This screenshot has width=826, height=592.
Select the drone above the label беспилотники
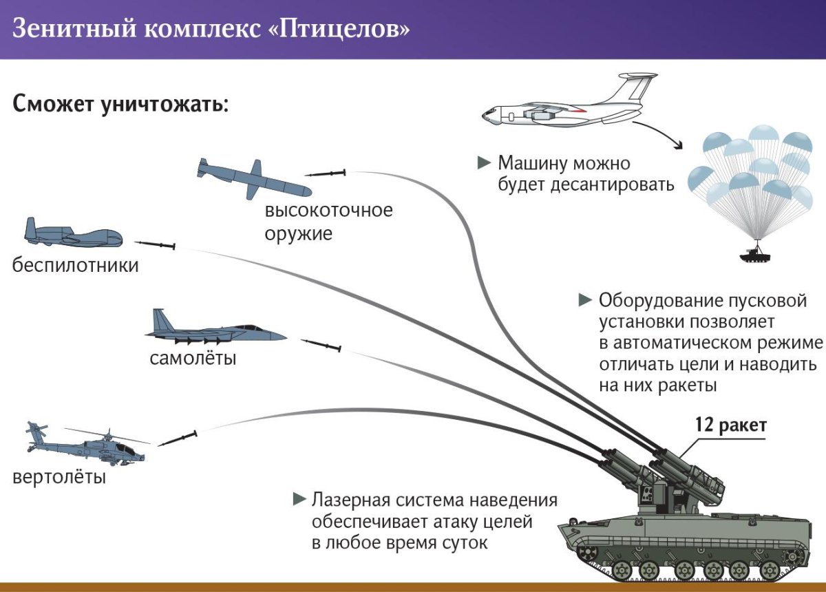pos(73,235)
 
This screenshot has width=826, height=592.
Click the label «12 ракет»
pos(730,425)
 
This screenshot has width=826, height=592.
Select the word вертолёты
pos(59,476)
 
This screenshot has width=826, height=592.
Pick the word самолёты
pos(193,359)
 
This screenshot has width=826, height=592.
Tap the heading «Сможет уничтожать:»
pos(120,106)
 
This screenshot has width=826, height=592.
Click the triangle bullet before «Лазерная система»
pos(299,498)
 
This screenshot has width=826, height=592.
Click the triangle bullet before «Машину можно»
pos(484,163)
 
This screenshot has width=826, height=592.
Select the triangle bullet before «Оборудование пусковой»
pos(585,300)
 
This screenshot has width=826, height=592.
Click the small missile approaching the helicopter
pos(178,438)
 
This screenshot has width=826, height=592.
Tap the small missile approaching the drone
pos(156,244)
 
